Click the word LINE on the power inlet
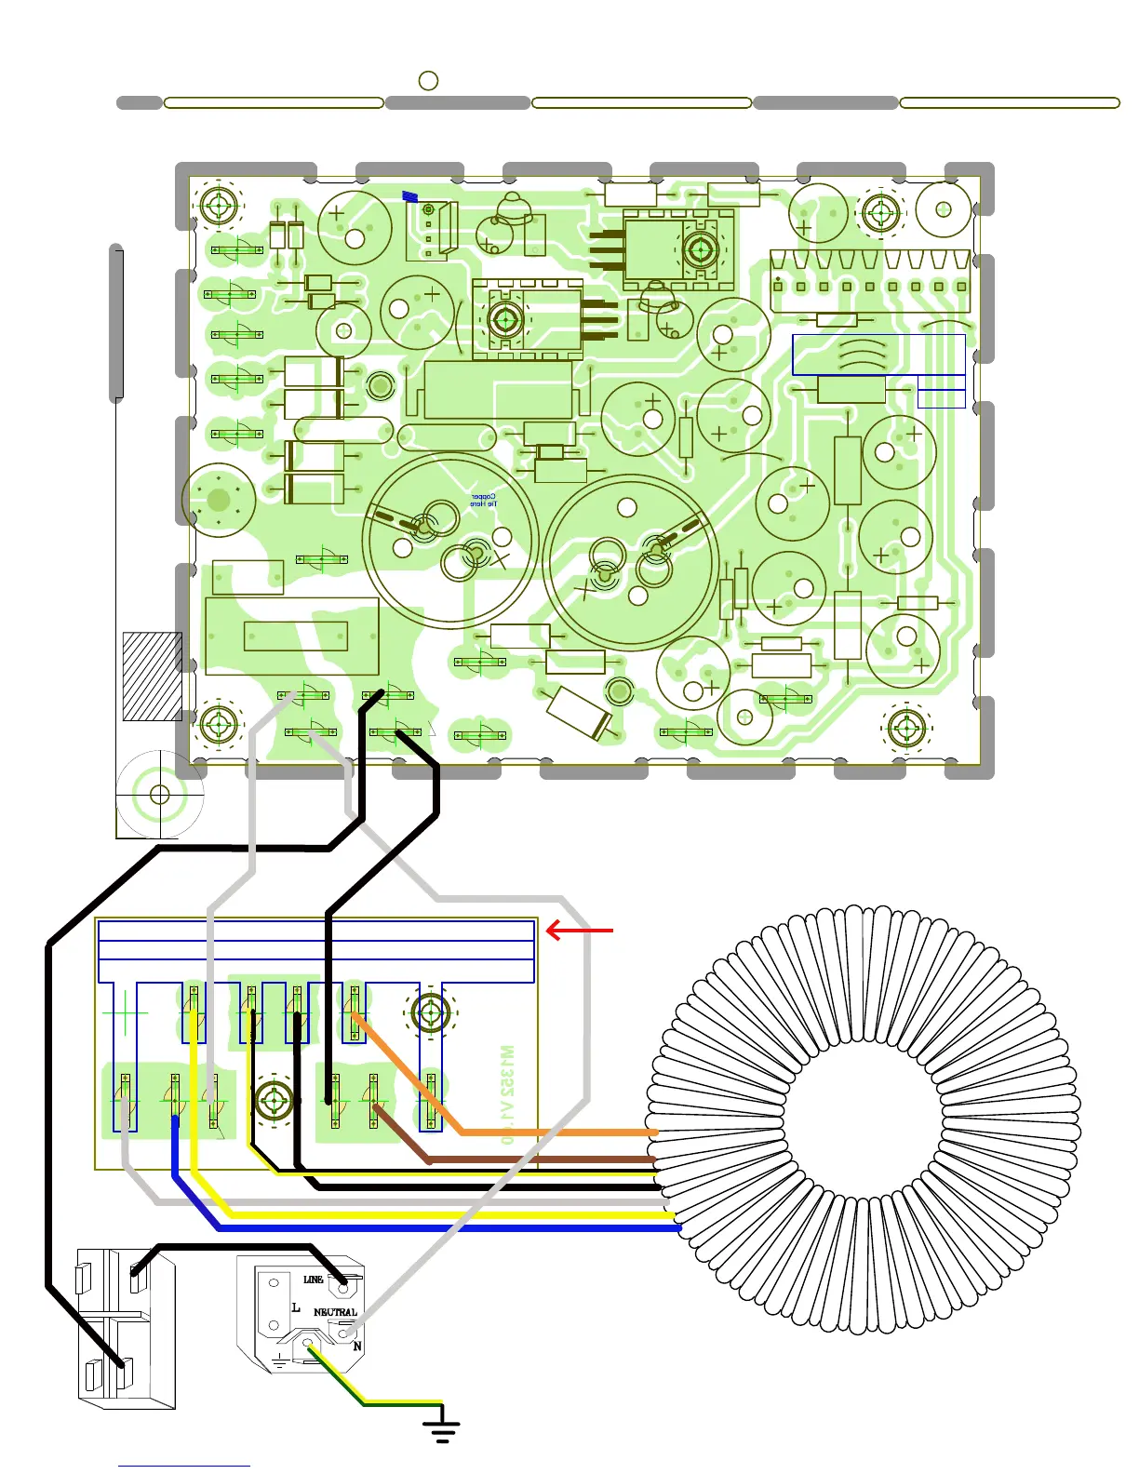pyautogui.click(x=313, y=1280)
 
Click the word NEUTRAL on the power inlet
pyautogui.click(x=335, y=1312)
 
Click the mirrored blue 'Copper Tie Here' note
pyautogui.click(x=485, y=500)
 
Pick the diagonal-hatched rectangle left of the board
pyautogui.click(x=152, y=677)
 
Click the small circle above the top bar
pyautogui.click(x=428, y=81)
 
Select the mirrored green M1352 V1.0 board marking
pyautogui.click(x=506, y=1094)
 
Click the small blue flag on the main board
pyautogui.click(x=409, y=196)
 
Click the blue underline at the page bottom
pyautogui.click(x=183, y=1466)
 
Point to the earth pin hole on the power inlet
pyautogui.click(x=307, y=1343)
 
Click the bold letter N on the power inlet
pyautogui.click(x=357, y=1347)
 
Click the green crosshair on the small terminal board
pyautogui.click(x=124, y=1012)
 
